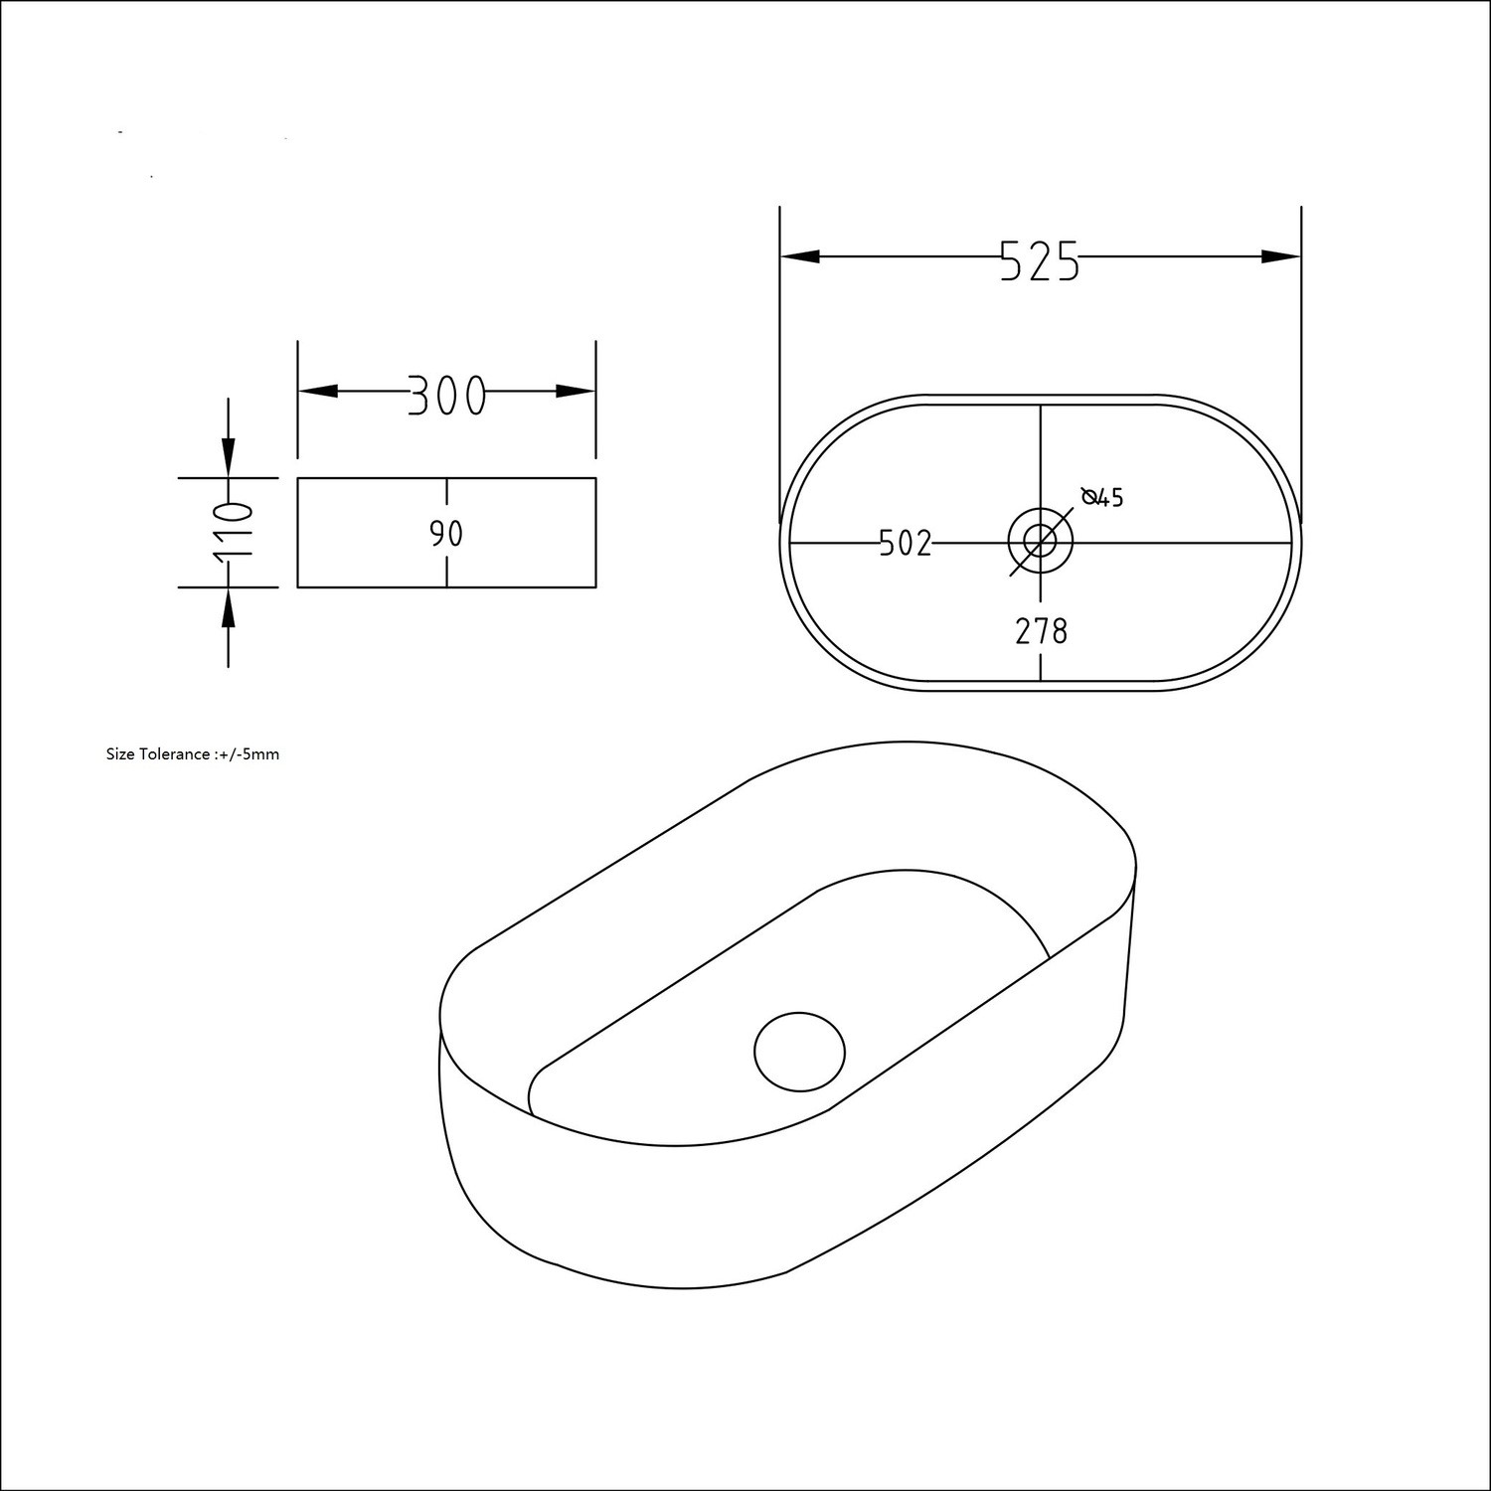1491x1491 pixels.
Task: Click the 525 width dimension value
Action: pos(1040,261)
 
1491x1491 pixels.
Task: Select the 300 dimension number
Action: pos(446,396)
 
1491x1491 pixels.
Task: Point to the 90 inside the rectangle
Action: pos(446,535)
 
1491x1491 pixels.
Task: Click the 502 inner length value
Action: pos(906,544)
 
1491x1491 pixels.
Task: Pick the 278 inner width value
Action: pos(1041,631)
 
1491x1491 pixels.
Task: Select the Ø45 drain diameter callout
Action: pos(1102,497)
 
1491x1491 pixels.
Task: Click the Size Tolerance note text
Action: pos(193,754)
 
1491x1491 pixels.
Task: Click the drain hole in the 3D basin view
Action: pos(799,1051)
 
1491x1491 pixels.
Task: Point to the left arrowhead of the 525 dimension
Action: pos(800,256)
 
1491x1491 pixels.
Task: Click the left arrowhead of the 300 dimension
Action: pos(318,392)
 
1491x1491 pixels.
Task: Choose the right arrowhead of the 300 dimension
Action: pos(576,392)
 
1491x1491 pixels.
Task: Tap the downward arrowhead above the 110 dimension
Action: pos(229,459)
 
